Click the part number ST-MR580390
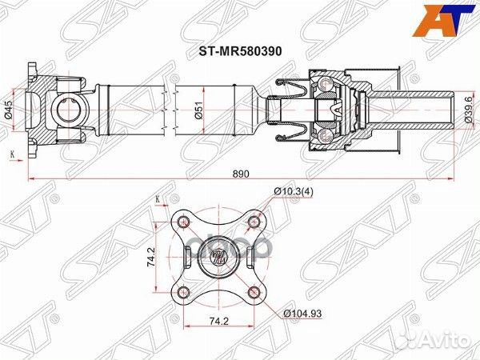tap(238, 47)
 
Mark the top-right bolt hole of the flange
tap(254, 220)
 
